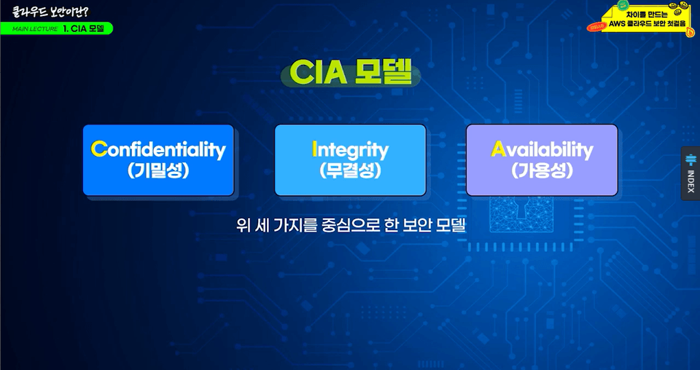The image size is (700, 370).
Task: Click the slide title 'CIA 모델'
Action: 351,73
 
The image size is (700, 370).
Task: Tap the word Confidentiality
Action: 158,150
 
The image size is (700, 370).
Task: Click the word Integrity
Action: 351,150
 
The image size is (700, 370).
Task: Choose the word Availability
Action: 542,150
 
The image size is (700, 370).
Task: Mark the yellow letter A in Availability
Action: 499,149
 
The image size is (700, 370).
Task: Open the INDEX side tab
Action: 691,173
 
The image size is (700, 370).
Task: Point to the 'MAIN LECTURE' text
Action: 35,29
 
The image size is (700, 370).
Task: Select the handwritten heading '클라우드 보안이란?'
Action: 50,12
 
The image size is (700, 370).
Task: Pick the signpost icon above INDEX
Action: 691,160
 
